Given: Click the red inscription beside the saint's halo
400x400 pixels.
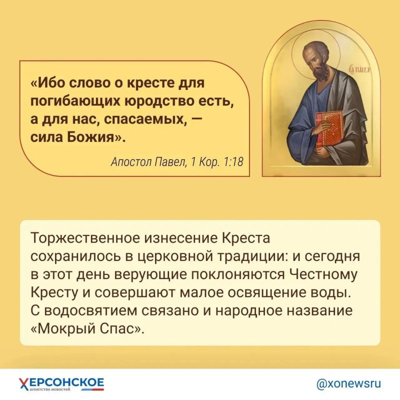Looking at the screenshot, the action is [x=359, y=69].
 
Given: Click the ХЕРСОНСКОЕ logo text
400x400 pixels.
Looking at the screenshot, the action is [x=61, y=382].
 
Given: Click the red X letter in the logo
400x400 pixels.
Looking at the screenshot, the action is [x=23, y=383].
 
